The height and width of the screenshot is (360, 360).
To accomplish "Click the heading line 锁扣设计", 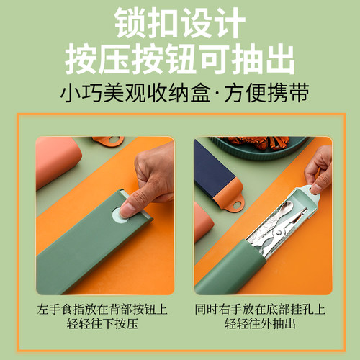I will point(180,22).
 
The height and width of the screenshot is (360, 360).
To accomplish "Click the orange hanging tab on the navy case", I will point(234,201).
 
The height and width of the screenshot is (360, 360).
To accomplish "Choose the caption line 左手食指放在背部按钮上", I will point(105,308).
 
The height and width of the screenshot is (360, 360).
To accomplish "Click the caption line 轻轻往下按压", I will point(105,324).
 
